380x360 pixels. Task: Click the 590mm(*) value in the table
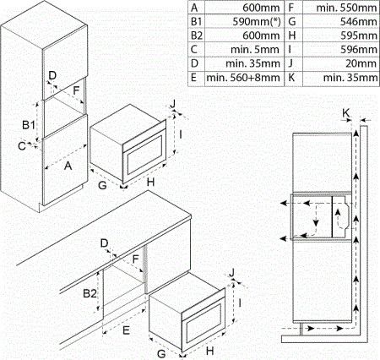[257, 22]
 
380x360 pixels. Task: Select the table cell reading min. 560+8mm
[243, 78]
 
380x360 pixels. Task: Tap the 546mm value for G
[358, 22]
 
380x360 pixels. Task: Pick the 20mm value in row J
[361, 63]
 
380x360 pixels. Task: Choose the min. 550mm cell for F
[346, 8]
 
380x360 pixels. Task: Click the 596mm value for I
[358, 50]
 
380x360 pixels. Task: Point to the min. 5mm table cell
[255, 50]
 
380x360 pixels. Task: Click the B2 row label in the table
[197, 35]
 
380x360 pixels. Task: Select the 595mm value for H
[358, 35]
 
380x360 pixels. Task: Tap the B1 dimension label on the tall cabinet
[29, 124]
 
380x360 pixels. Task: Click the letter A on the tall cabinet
[68, 166]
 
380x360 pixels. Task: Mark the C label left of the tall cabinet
[22, 146]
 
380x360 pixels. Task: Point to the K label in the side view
[346, 113]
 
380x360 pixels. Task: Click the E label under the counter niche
[126, 330]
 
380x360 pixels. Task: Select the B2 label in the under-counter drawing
[90, 294]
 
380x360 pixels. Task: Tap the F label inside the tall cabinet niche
[76, 90]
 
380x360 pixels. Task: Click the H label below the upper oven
[151, 183]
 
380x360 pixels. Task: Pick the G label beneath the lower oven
[161, 354]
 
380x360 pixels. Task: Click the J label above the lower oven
[232, 273]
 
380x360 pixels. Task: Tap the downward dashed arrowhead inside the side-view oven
[316, 223]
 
